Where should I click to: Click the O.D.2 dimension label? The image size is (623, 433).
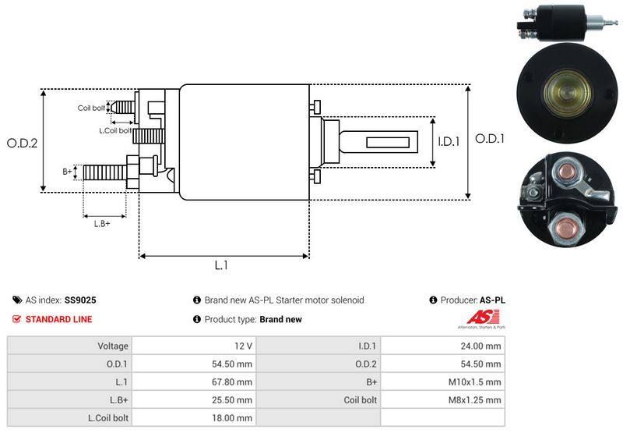22,143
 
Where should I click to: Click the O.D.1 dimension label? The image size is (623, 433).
490,139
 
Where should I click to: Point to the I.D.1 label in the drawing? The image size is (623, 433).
449,142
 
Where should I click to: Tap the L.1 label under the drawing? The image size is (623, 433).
221,265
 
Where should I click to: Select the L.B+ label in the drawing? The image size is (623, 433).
102,224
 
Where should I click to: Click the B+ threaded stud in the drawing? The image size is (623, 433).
103,171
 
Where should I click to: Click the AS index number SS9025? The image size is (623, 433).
80,300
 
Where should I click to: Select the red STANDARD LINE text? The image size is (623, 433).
58,319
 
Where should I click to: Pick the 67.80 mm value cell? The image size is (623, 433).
234,382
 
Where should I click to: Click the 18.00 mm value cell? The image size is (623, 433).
234,417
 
